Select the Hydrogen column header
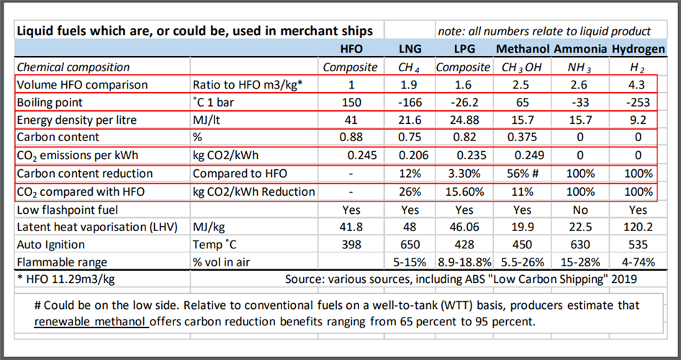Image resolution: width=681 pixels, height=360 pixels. (637, 49)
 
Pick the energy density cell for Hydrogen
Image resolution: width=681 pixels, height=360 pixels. (637, 119)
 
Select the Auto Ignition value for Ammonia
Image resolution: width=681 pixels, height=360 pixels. (579, 245)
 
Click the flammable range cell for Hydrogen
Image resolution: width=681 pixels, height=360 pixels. (637, 262)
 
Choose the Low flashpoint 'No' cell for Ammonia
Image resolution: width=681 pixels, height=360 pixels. (579, 210)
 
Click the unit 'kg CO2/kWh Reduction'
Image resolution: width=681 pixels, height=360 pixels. (254, 192)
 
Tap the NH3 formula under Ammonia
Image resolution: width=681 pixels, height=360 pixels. (579, 67)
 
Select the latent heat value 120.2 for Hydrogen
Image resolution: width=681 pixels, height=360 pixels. (637, 227)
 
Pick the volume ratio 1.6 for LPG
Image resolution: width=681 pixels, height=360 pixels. (465, 84)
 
